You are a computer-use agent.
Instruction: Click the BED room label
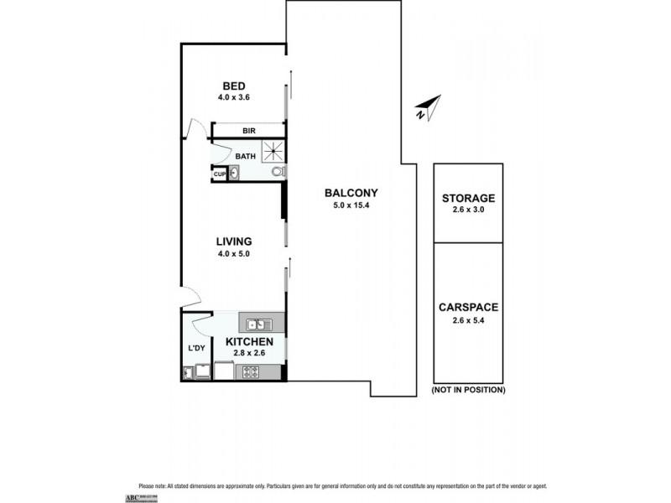[x=234, y=86]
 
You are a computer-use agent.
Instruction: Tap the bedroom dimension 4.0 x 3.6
[x=234, y=97]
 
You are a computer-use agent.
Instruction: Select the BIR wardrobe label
[x=249, y=131]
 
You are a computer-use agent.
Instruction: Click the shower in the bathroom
[x=273, y=152]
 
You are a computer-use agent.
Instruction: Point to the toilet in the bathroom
[x=277, y=173]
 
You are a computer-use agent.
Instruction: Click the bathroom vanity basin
[x=234, y=173]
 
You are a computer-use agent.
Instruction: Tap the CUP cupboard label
[x=218, y=174]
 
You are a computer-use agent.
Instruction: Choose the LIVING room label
[x=234, y=241]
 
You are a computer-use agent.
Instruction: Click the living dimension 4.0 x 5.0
[x=234, y=252]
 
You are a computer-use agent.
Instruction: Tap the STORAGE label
[x=468, y=198]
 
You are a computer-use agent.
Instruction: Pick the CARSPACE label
[x=468, y=308]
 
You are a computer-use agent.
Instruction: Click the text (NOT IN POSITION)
[x=468, y=391]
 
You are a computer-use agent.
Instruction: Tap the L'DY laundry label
[x=196, y=348]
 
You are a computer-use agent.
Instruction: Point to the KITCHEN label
[x=249, y=342]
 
